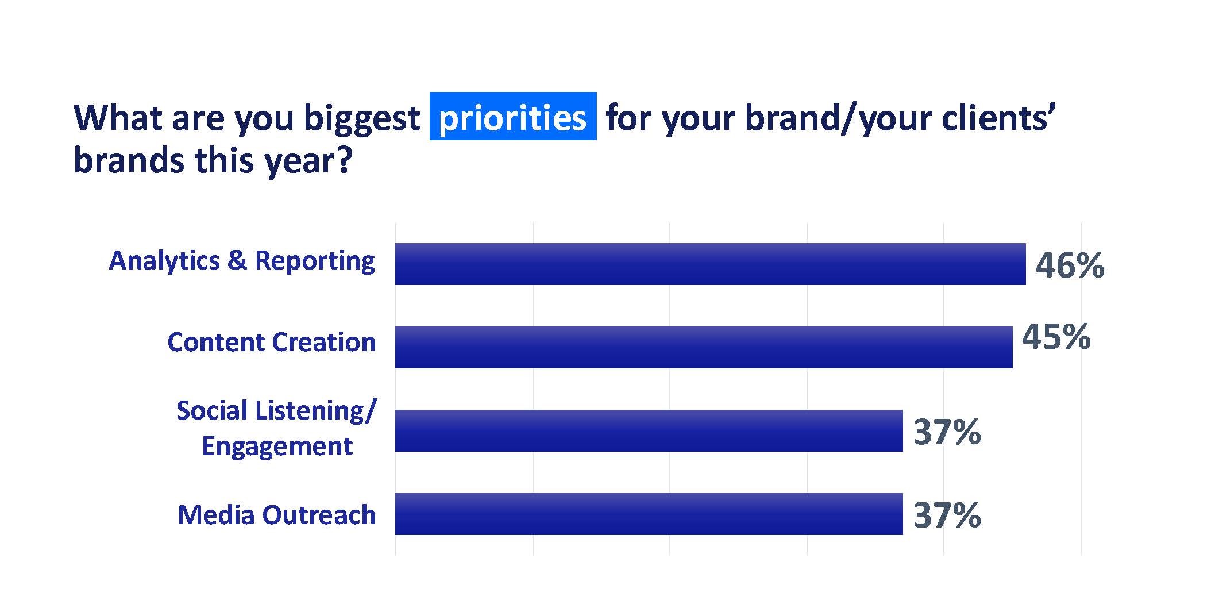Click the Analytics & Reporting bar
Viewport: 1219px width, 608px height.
(710, 264)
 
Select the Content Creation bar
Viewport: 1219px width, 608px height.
(704, 347)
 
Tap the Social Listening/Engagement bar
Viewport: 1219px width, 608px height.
(649, 430)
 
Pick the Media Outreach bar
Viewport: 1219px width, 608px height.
(649, 514)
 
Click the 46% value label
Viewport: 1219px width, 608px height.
(1070, 265)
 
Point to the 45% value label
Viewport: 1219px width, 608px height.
(1056, 337)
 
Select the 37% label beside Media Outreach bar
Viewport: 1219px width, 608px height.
(947, 515)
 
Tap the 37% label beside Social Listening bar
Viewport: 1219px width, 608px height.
(947, 432)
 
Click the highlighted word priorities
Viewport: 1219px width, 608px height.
(512, 118)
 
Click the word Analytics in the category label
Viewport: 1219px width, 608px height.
(164, 260)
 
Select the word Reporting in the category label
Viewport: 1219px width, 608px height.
(315, 261)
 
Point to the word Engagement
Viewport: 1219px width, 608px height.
(277, 447)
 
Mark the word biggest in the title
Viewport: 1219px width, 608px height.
(361, 119)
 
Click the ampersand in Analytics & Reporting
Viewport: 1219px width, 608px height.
(237, 260)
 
